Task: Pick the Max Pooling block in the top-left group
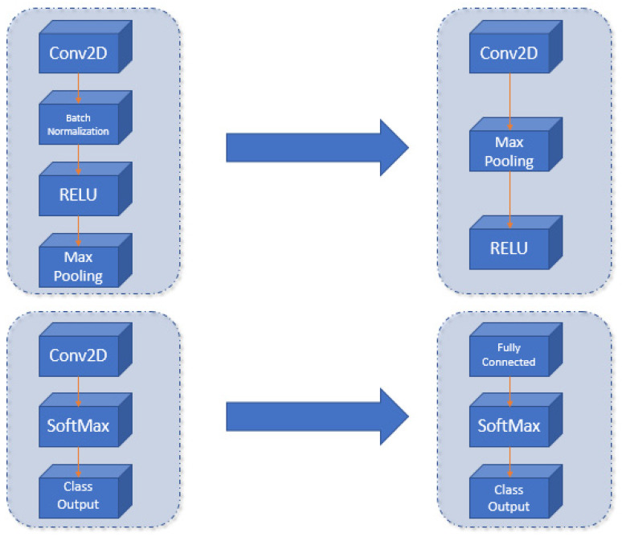[77, 264]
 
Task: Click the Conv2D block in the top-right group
[508, 55]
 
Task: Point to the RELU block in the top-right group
[508, 248]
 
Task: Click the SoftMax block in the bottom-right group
[508, 426]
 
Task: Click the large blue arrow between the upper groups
[317, 147]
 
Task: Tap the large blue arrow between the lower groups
[317, 416]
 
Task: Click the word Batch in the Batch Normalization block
[77, 118]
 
